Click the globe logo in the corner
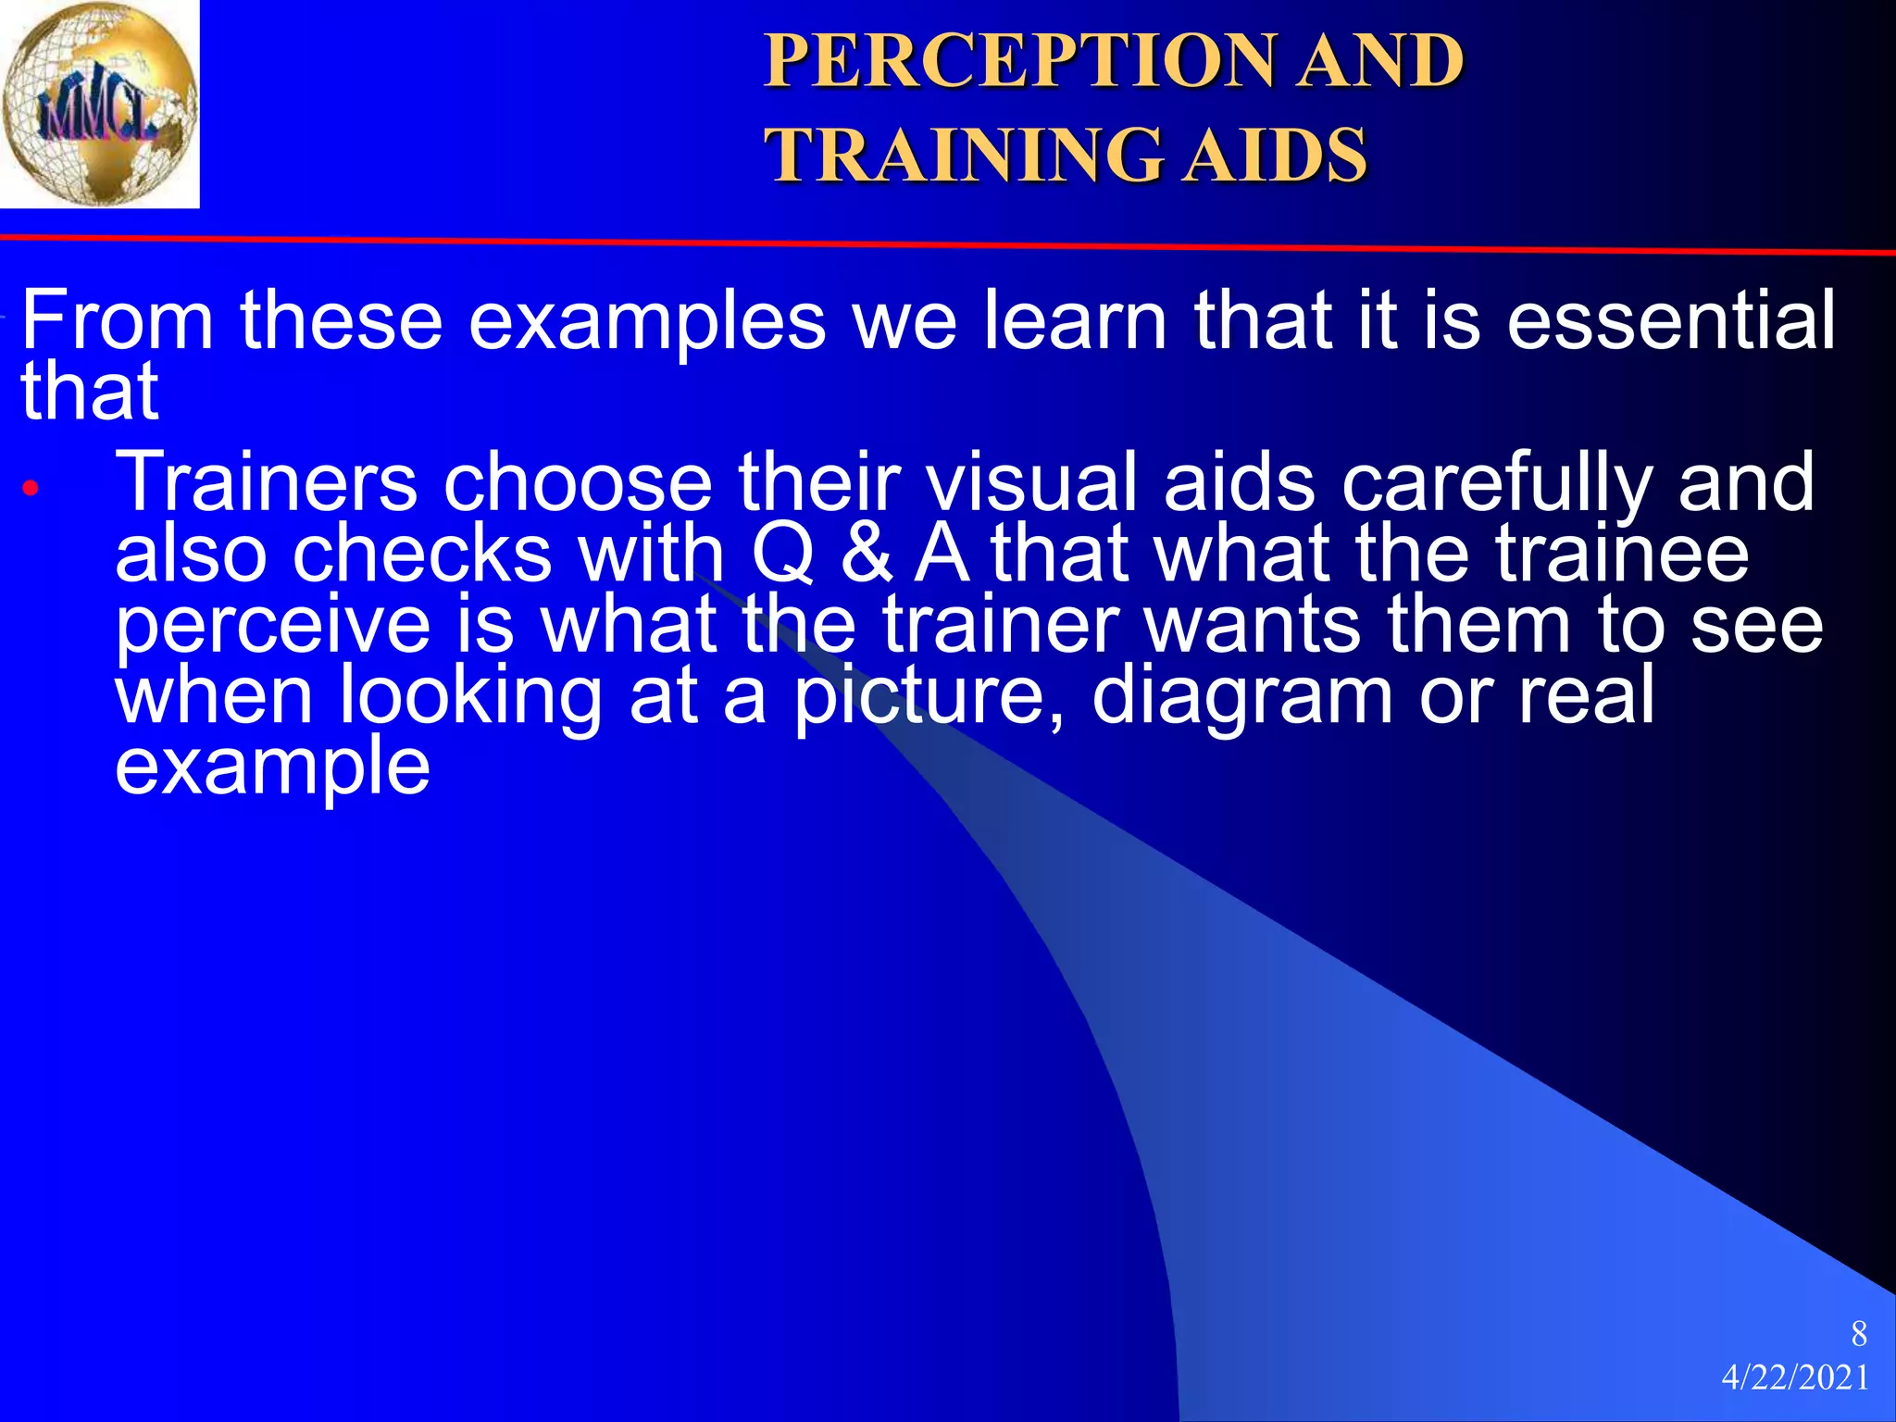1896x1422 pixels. [99, 104]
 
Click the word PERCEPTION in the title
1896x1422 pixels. [1017, 61]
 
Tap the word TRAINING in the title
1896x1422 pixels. [962, 155]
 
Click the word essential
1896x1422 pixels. [1671, 320]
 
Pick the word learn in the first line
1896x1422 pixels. [1075, 320]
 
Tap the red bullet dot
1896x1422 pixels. [31, 488]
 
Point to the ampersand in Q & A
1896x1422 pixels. [867, 554]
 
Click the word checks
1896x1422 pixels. [422, 554]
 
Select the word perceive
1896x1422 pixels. [272, 626]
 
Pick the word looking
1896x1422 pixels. [471, 696]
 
